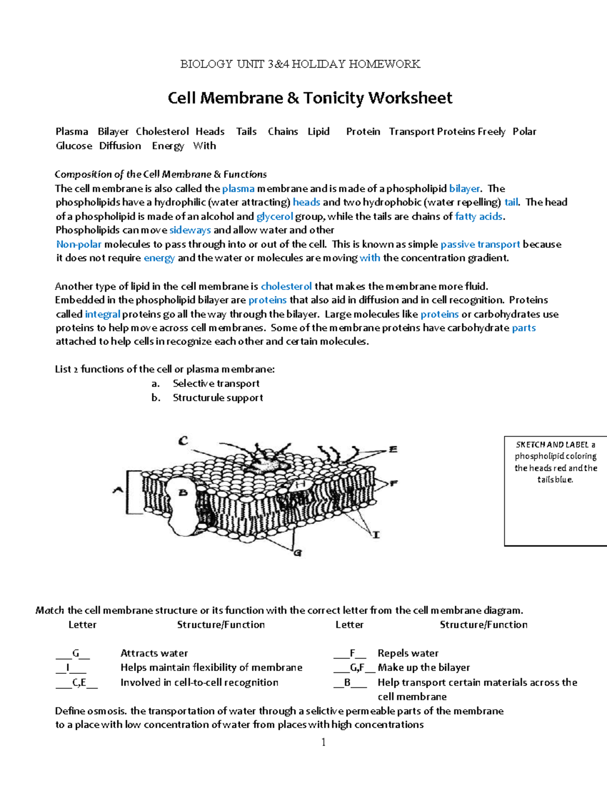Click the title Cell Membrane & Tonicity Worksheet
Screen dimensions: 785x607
pyautogui.click(x=310, y=98)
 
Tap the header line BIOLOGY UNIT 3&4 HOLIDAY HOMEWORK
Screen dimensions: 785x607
pyautogui.click(x=300, y=64)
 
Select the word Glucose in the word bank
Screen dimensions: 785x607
pyautogui.click(x=74, y=146)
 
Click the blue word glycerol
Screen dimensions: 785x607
pyautogui.click(x=275, y=216)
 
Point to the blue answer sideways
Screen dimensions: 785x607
pyautogui.click(x=190, y=230)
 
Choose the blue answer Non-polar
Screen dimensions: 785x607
pyautogui.click(x=79, y=244)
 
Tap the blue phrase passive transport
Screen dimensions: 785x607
pyautogui.click(x=480, y=244)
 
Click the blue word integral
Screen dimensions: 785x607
pyautogui.click(x=103, y=314)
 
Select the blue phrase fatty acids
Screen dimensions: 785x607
pyautogui.click(x=479, y=216)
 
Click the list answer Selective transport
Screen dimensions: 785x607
pyautogui.click(x=216, y=383)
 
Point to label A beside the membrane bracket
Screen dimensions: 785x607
pyautogui.click(x=118, y=489)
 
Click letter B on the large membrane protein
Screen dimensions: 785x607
pyautogui.click(x=183, y=492)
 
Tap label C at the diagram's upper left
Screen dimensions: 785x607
pyautogui.click(x=183, y=441)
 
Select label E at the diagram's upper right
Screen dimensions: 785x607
pyautogui.click(x=393, y=449)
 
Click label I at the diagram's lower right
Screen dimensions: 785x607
pyautogui.click(x=376, y=534)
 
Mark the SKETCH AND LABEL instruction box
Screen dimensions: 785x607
pyautogui.click(x=555, y=490)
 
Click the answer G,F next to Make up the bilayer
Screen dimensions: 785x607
pyautogui.click(x=357, y=668)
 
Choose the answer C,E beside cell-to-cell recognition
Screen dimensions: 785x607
pyautogui.click(x=79, y=682)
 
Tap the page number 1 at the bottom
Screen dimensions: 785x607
pyautogui.click(x=324, y=742)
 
